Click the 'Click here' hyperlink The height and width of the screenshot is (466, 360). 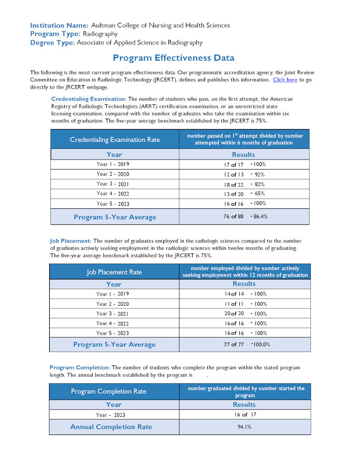pos(285,80)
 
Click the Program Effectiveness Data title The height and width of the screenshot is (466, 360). pos(174,58)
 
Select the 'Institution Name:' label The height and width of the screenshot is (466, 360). pos(59,25)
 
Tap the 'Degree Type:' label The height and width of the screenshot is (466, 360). pos(52,43)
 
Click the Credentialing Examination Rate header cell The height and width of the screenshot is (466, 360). pos(115,139)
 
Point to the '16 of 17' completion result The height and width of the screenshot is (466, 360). pos(244,415)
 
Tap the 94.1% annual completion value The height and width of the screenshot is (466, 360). pos(244,427)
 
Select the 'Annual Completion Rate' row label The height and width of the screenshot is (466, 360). pos(111,427)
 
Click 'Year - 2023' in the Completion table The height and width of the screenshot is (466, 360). pos(110,415)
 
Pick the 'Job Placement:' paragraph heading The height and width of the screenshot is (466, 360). pos(70,241)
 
